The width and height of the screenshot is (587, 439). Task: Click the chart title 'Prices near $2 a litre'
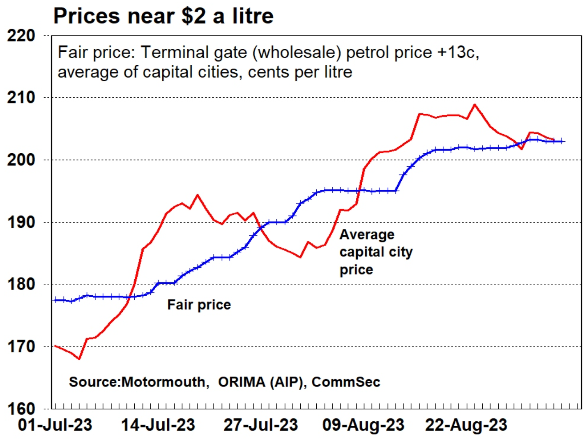(x=163, y=16)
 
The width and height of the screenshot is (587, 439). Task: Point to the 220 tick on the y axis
(x=21, y=36)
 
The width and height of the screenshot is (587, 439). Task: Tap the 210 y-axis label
(x=21, y=98)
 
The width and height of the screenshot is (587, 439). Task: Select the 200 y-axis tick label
(x=21, y=160)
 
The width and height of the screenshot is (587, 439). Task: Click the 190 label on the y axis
(x=21, y=222)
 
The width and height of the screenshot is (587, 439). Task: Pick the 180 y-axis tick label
(x=21, y=284)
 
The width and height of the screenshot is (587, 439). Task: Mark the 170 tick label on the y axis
(x=21, y=347)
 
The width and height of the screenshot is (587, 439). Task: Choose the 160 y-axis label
(x=21, y=409)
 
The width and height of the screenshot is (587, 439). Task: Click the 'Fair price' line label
(x=199, y=305)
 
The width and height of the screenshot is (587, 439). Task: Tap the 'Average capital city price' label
(x=375, y=252)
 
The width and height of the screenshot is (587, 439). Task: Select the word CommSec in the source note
(x=346, y=382)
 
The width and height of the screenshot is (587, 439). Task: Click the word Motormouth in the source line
(x=163, y=382)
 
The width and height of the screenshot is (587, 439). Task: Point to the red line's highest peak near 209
(x=475, y=104)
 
